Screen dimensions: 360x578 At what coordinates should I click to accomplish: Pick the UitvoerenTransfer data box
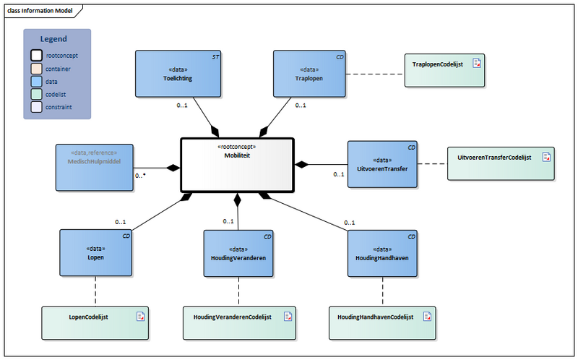tap(383, 165)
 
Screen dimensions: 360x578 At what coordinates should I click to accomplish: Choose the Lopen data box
tap(95, 253)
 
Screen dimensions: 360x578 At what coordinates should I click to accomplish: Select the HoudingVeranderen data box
tap(238, 253)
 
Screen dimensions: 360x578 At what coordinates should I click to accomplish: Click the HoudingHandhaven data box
tap(383, 253)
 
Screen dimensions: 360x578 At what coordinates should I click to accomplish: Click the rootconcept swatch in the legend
tap(35, 55)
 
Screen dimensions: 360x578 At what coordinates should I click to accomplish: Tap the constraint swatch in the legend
tap(35, 107)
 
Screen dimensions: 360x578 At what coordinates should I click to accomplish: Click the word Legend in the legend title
tap(53, 39)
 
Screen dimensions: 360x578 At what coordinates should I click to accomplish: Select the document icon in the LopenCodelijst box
tap(142, 315)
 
